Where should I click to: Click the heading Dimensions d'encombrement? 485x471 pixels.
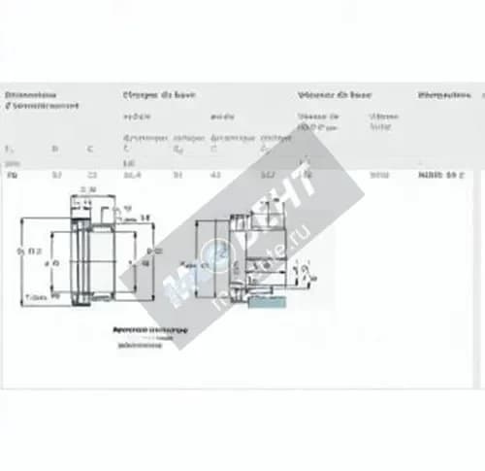(x=41, y=100)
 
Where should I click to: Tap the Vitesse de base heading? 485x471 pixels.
(x=334, y=95)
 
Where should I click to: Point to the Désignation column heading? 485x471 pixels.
(x=443, y=95)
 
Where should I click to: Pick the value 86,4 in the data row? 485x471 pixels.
(x=130, y=176)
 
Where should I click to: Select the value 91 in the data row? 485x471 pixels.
(x=177, y=176)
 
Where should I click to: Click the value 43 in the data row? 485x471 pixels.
(x=215, y=176)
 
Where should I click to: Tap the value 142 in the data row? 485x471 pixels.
(x=266, y=176)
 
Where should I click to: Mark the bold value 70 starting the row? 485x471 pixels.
(x=12, y=176)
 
